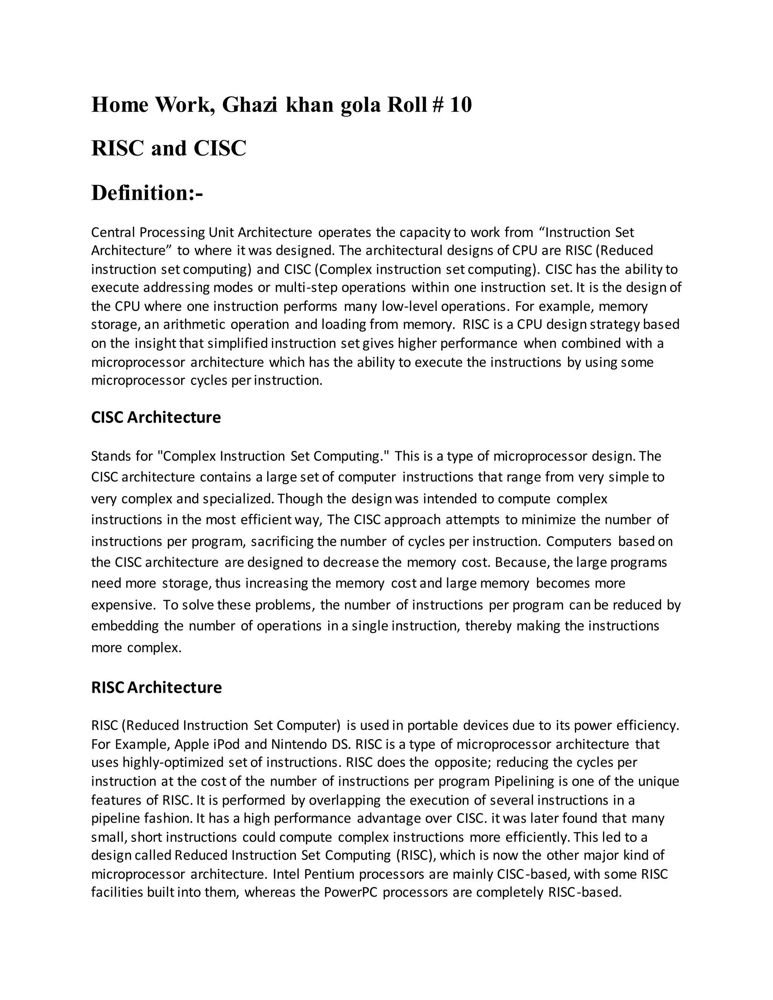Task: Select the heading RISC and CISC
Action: (168, 148)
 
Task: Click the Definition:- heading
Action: (146, 192)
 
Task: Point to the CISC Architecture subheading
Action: (156, 417)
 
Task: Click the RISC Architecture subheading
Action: (156, 687)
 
